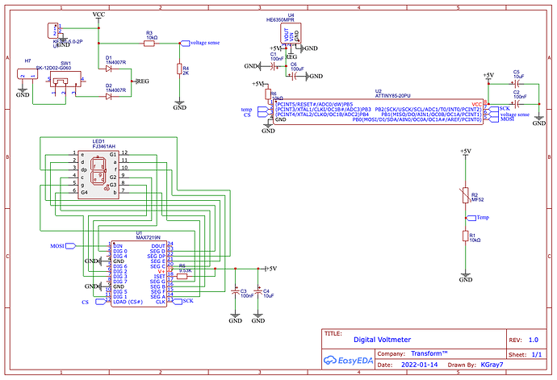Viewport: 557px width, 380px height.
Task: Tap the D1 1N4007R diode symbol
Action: pyautogui.click(x=108, y=69)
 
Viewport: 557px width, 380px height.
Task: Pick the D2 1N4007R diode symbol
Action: pyautogui.click(x=108, y=96)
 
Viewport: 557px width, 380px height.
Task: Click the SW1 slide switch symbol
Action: pyautogui.click(x=58, y=81)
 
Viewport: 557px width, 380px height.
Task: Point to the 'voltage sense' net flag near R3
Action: pyautogui.click(x=199, y=42)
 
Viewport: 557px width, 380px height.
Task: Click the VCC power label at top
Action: pyautogui.click(x=98, y=15)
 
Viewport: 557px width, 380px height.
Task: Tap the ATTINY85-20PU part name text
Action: pyautogui.click(x=379, y=97)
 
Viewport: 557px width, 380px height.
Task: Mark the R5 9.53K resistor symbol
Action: pyautogui.click(x=183, y=276)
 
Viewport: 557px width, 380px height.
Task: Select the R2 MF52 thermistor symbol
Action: pyautogui.click(x=464, y=194)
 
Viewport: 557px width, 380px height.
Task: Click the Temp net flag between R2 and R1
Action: pyautogui.click(x=481, y=217)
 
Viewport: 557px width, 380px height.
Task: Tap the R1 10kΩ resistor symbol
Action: pyautogui.click(x=464, y=236)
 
